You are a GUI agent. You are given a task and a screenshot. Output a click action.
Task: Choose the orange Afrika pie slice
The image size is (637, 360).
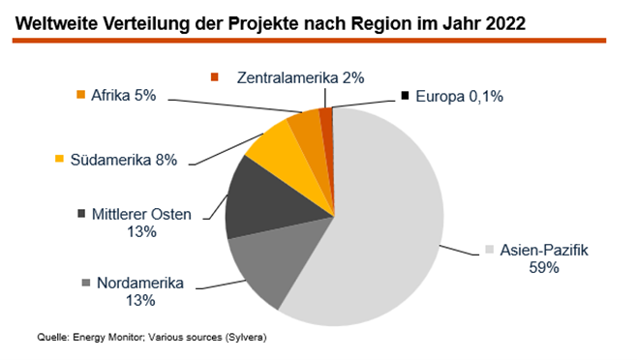307,131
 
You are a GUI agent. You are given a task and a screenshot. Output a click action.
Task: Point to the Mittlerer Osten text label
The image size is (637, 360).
136,214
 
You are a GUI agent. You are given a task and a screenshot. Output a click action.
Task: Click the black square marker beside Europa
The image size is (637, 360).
405,96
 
